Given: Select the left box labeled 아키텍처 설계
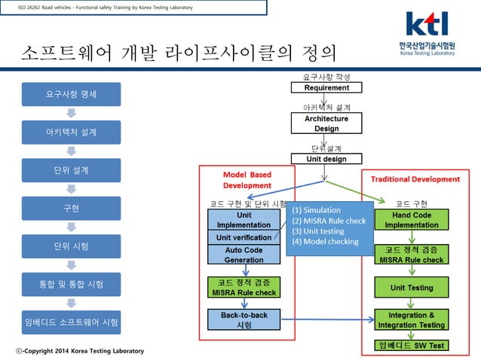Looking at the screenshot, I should (70, 133).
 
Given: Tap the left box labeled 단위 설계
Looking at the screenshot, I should (70, 170).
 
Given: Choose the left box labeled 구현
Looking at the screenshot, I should (70, 208).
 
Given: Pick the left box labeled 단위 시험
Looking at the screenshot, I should (70, 246).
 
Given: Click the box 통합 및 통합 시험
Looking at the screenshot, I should (70, 284).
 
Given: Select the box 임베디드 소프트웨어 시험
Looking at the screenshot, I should (70, 322).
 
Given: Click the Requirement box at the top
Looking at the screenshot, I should (326, 88).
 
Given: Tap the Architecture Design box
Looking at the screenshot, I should (326, 124).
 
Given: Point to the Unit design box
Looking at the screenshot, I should (326, 159).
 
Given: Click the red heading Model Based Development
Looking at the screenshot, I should (247, 179).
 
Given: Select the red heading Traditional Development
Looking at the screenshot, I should (415, 179).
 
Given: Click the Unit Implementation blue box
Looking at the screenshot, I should (244, 219).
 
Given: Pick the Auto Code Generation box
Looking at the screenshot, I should (244, 255).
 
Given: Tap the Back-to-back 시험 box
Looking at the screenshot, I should (244, 319).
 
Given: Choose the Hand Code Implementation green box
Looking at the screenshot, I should (412, 219).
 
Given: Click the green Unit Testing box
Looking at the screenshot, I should (412, 288).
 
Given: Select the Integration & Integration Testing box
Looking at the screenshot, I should (412, 319).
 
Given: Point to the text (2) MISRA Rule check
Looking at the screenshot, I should (329, 221).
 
